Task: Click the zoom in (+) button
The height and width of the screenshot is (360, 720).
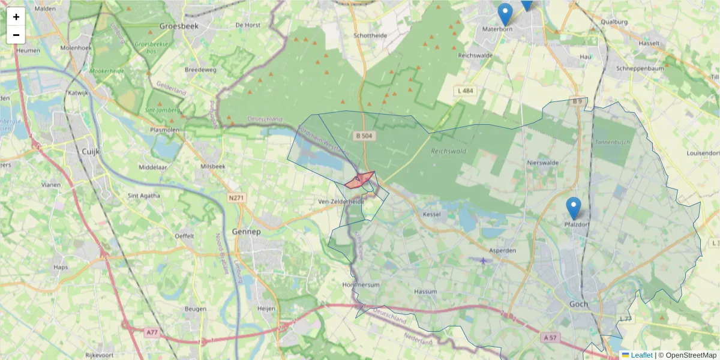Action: pos(16,17)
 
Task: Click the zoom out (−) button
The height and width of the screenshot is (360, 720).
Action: pos(16,35)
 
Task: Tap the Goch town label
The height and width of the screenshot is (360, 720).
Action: pos(579,304)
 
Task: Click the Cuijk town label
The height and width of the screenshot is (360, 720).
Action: pos(90,152)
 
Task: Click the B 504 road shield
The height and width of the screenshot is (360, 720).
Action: pos(364,136)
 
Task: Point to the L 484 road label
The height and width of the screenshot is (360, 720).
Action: pos(464,91)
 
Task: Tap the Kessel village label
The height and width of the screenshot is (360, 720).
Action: pos(432,214)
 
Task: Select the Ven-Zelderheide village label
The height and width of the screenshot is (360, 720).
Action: pos(341,202)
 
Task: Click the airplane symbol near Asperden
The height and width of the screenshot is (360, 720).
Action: pos(484,260)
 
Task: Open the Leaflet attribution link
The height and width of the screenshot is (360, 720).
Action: pos(641,355)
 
